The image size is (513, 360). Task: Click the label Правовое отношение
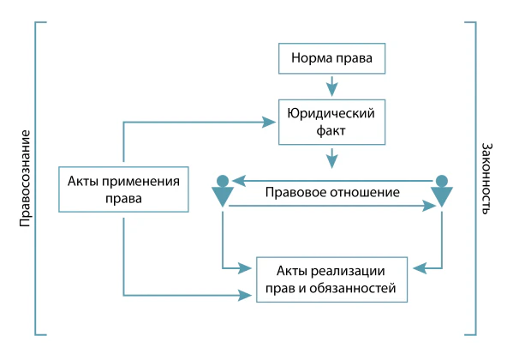[x=332, y=192]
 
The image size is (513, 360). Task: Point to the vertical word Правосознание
[x=25, y=178]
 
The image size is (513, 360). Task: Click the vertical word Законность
[x=486, y=178]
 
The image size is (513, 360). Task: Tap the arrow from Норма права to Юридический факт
[x=332, y=87]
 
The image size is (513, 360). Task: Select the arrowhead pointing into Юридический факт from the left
[x=269, y=123]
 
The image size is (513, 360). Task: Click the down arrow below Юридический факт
[x=332, y=159]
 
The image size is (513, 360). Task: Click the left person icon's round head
[x=223, y=181]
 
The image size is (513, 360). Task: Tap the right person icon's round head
[x=442, y=181]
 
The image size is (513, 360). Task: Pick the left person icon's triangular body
[x=223, y=195]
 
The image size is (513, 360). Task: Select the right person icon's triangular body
[x=442, y=195]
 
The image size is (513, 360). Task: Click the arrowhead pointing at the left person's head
[x=239, y=181]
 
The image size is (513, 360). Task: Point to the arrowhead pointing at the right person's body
[x=430, y=206]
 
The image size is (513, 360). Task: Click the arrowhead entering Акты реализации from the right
[x=420, y=268]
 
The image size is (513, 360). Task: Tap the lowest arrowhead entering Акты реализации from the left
[x=245, y=296]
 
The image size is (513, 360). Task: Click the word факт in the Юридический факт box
[x=331, y=131]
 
